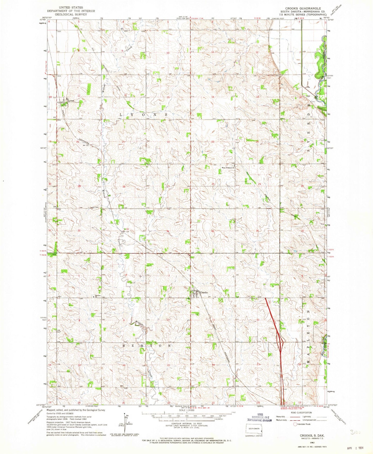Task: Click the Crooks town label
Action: tap(204, 292)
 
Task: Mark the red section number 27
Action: tap(168, 186)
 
